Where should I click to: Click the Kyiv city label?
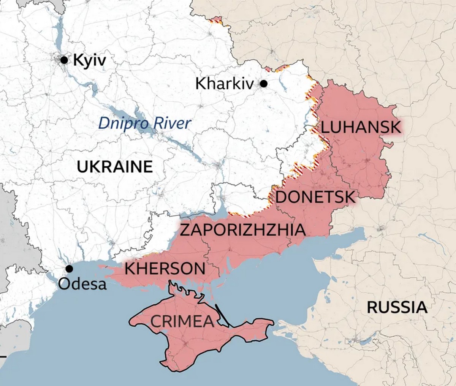point(89,60)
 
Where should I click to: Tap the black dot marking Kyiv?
point(64,60)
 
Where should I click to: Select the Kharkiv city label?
point(224,84)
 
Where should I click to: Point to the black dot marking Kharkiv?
point(263,84)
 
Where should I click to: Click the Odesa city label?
point(83,283)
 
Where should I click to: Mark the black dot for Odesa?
point(69,269)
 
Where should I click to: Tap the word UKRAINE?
point(115,167)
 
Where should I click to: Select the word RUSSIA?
point(397,307)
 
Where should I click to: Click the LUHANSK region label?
point(361,127)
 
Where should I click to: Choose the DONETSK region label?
point(315,198)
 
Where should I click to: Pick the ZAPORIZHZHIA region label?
point(242,230)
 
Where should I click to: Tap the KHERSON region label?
point(165,269)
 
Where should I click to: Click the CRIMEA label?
point(182,321)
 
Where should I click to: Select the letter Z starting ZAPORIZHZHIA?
point(185,230)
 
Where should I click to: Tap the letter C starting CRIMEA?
point(156,321)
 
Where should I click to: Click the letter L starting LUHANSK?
point(325,127)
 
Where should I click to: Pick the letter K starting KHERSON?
point(130,269)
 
